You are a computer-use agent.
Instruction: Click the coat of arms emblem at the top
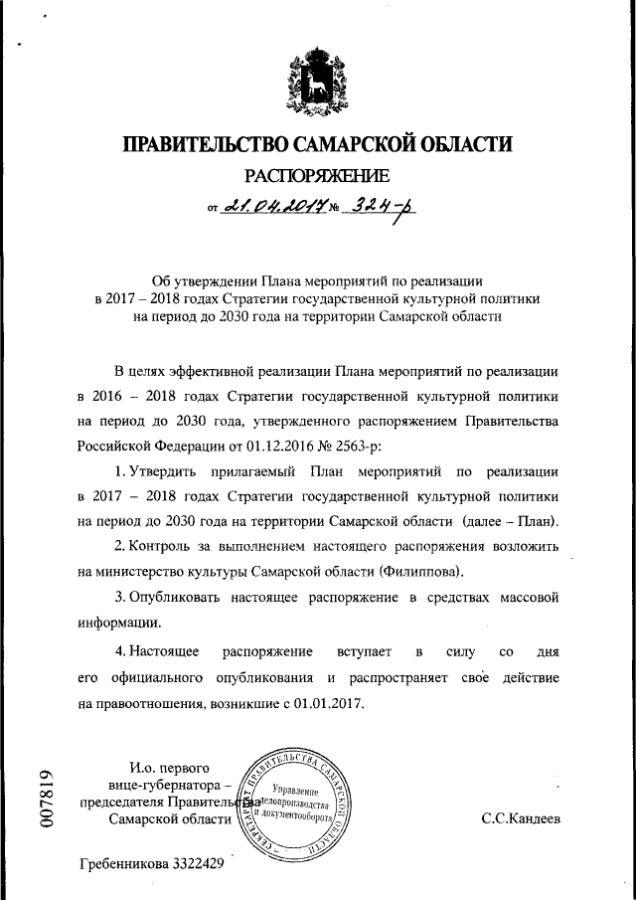click(315, 83)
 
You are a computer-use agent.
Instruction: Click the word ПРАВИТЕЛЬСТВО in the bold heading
click(211, 145)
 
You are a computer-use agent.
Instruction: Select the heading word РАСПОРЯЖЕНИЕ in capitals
click(316, 178)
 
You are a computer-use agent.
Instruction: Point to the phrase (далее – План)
click(511, 522)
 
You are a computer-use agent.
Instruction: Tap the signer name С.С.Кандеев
click(521, 821)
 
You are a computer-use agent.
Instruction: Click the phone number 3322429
click(199, 863)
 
